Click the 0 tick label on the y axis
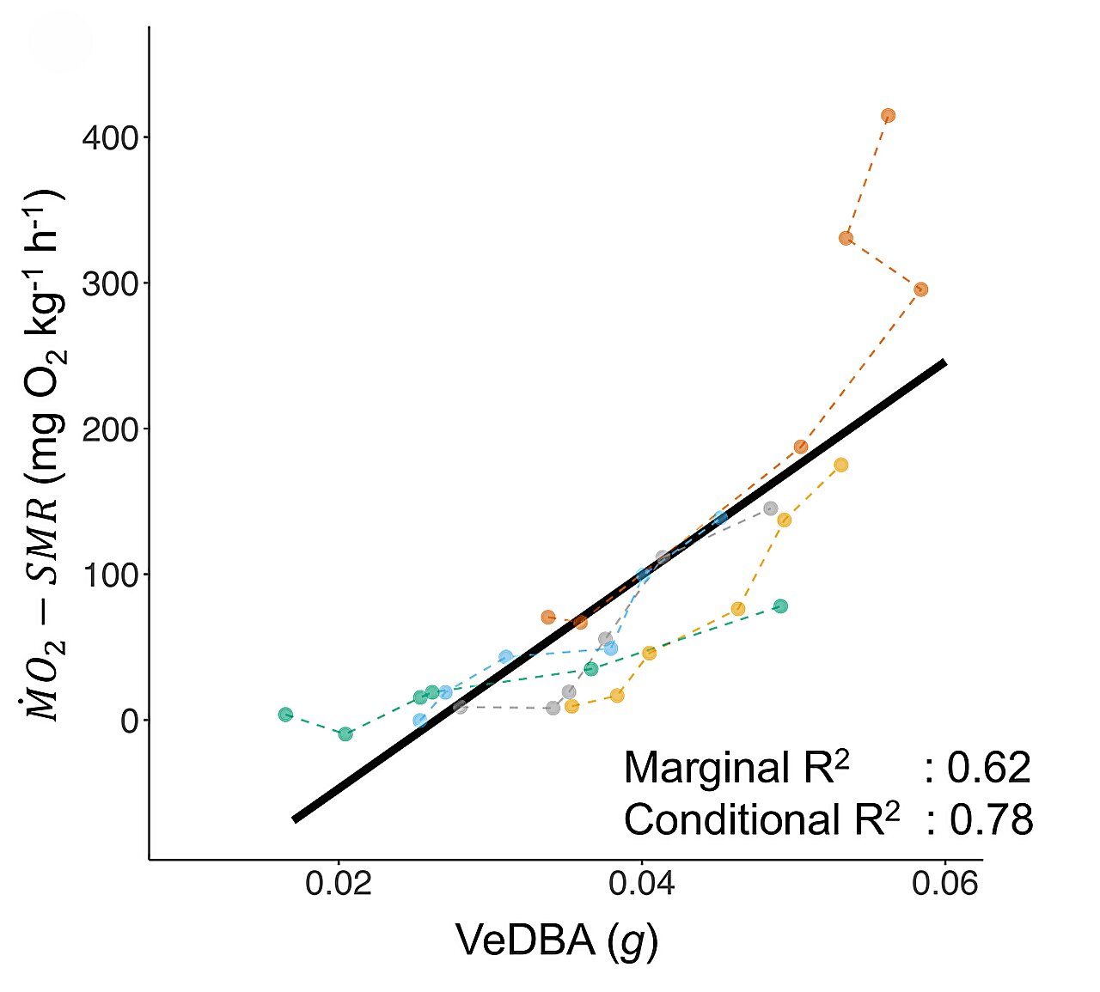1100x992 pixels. (130, 721)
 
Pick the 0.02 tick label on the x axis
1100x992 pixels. (339, 883)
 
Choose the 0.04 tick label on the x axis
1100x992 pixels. (641, 883)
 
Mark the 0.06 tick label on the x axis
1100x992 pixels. (944, 883)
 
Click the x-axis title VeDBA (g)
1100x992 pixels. (556, 941)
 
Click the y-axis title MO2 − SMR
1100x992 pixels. (43, 455)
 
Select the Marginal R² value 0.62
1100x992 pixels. (988, 768)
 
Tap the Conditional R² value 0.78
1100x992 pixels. (990, 820)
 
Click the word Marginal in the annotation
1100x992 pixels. (705, 768)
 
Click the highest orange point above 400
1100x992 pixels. (888, 115)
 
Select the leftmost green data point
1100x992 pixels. (285, 715)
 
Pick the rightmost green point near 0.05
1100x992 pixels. (780, 606)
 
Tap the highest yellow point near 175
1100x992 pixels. (840, 465)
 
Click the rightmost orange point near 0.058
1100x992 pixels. (920, 289)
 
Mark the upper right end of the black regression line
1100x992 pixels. (944, 363)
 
